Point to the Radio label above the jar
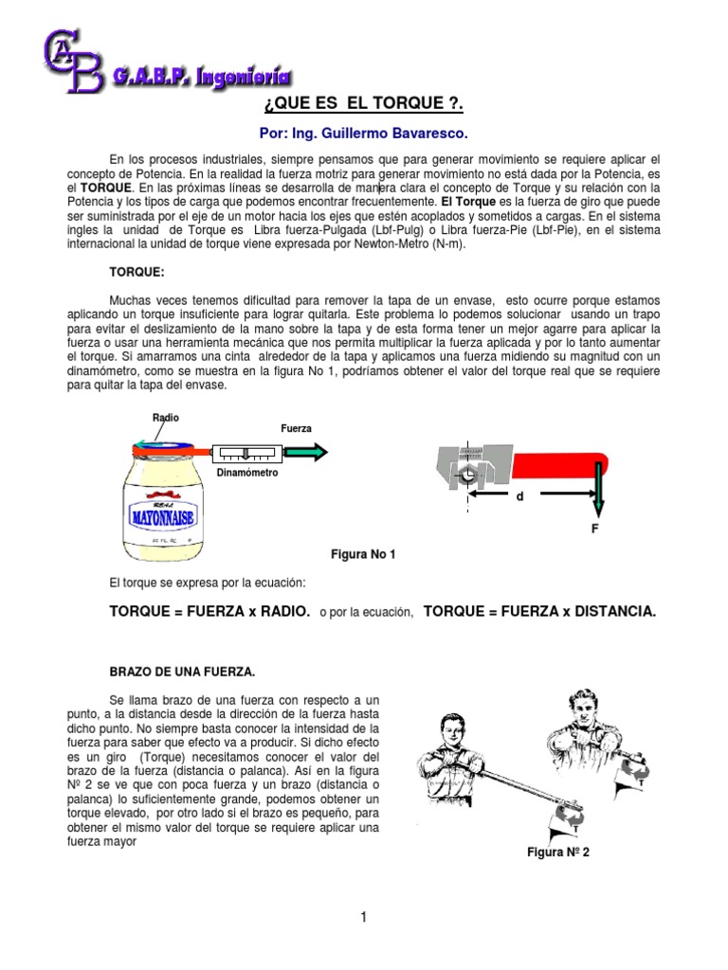165,418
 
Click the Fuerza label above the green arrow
296,428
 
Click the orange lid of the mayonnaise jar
165,453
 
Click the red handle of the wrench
559,468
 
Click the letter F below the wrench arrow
594,529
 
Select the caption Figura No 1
361,554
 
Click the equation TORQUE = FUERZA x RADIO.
209,613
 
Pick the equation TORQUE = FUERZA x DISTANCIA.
539,613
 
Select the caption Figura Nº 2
558,852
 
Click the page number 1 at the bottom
362,916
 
